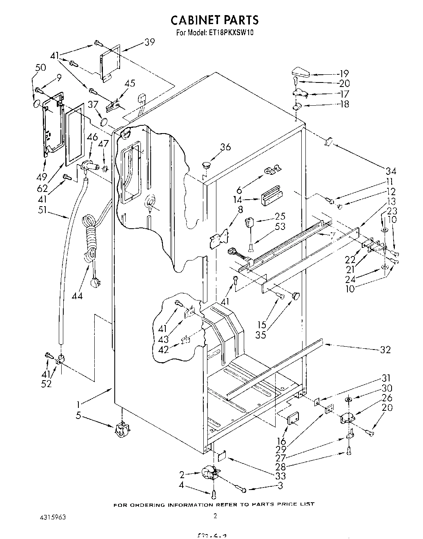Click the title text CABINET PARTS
pos(214,20)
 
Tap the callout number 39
pos(149,42)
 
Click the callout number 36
pos(225,147)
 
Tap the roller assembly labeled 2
pos(211,474)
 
